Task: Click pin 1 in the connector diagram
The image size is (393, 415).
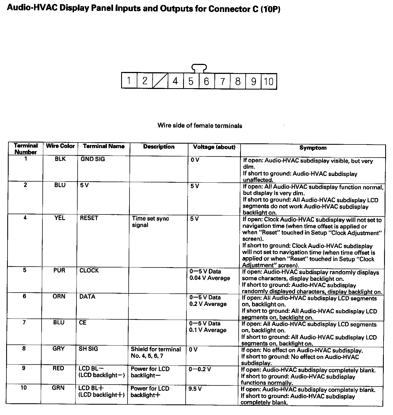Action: tap(129, 81)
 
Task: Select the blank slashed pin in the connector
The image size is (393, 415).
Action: tap(160, 81)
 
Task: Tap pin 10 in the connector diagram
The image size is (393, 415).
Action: tap(269, 81)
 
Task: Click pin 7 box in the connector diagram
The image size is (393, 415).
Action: tap(222, 81)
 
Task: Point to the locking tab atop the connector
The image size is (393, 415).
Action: tap(199, 68)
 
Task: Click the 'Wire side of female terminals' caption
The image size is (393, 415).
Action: tap(200, 126)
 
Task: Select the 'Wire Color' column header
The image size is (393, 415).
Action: tap(60, 146)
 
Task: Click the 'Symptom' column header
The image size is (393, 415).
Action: tap(313, 148)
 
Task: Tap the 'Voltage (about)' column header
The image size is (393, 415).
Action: tap(214, 147)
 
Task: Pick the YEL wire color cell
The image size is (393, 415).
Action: tap(60, 218)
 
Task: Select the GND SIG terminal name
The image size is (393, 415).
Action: tap(93, 159)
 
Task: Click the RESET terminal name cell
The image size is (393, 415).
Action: tap(89, 218)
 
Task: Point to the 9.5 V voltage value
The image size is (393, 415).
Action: tap(195, 389)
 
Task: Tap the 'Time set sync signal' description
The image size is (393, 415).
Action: tap(150, 222)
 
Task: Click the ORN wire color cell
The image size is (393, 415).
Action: tap(59, 296)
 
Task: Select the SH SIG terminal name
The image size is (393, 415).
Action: tap(88, 349)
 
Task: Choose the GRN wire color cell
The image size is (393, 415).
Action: tap(58, 388)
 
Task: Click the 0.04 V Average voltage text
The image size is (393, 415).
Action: tap(210, 278)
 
